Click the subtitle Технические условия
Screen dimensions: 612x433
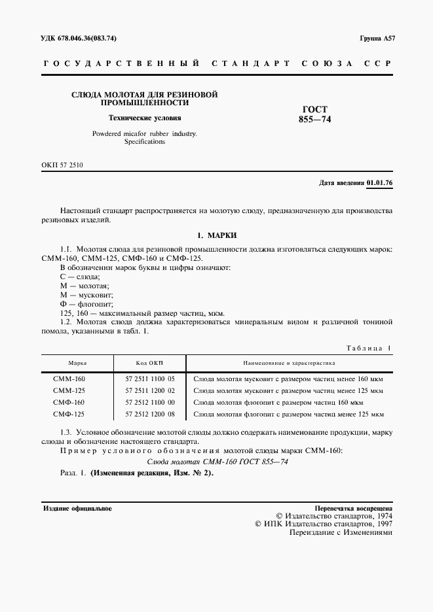(x=144, y=118)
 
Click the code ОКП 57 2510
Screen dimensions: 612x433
(x=62, y=165)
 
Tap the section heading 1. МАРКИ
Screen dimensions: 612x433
(x=216, y=235)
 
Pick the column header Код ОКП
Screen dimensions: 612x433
(x=149, y=362)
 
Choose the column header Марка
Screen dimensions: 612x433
(x=78, y=362)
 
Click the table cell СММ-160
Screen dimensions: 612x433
(x=69, y=379)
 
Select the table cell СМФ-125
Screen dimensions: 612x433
(x=69, y=414)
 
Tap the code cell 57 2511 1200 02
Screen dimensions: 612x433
(x=149, y=390)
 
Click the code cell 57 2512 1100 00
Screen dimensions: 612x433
(x=149, y=402)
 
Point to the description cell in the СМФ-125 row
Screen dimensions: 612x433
(x=288, y=414)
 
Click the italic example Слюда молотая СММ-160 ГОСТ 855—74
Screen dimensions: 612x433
(x=216, y=462)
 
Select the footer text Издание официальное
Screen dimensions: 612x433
(x=77, y=508)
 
